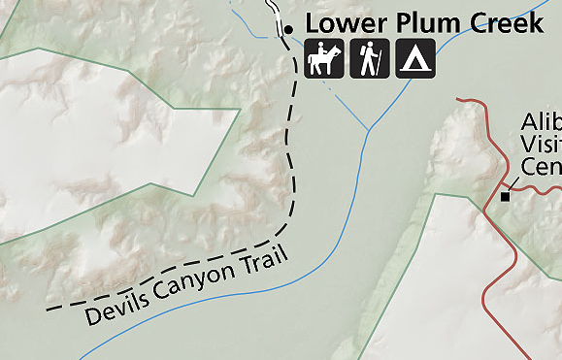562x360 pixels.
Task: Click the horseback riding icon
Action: point(323,59)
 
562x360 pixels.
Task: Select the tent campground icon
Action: point(415,59)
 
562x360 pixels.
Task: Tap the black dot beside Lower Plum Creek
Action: point(288,30)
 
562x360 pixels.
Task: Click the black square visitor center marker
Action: point(505,196)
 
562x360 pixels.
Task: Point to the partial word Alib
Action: point(541,122)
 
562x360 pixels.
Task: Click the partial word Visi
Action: point(541,144)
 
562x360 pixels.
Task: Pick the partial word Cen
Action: point(541,166)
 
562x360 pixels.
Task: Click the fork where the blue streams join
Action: point(367,131)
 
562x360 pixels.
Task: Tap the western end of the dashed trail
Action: point(49,311)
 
